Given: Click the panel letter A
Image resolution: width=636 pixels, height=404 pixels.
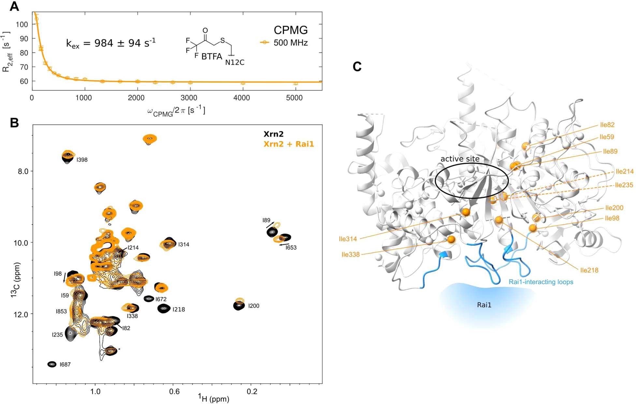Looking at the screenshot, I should (x=14, y=6).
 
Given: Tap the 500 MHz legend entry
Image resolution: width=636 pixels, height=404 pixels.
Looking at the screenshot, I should (x=290, y=43).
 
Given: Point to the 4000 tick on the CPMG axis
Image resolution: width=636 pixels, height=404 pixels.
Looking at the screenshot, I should (x=242, y=98).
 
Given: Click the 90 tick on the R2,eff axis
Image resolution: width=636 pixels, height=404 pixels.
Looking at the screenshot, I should (x=24, y=38).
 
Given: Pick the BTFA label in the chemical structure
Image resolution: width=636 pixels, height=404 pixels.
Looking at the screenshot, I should (x=212, y=57).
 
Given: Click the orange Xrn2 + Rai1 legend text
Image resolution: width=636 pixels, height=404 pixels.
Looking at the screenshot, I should (x=289, y=144).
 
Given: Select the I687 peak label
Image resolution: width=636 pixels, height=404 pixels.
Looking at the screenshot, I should (x=65, y=365).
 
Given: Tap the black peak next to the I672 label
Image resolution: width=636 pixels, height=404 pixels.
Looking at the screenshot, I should (x=149, y=298).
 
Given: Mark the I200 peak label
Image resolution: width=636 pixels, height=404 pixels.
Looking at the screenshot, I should (x=254, y=306).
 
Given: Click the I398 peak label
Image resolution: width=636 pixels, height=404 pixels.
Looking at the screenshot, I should (x=82, y=160).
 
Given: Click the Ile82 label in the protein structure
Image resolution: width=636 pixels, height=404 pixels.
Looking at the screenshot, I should (x=607, y=125).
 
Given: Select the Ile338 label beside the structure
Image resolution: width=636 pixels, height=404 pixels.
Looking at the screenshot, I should (x=351, y=255).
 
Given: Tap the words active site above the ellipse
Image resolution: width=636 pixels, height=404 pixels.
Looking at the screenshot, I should (x=460, y=159).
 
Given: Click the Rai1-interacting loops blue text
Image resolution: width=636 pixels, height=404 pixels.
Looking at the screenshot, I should (x=541, y=282).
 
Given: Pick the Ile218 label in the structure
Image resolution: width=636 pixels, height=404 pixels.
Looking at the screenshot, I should (x=589, y=270).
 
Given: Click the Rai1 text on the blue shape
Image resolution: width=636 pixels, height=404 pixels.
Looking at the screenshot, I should (x=484, y=305).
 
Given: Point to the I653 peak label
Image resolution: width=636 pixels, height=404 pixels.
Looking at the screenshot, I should (x=291, y=248).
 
